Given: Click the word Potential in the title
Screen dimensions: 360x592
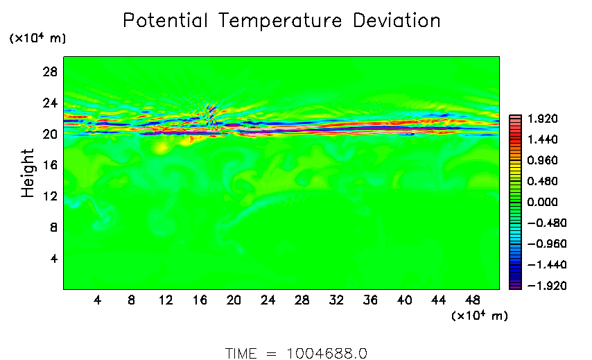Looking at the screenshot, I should tap(167, 21).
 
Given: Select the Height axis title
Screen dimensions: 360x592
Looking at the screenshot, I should tap(28, 173).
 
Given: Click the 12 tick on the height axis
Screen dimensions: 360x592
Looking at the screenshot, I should tap(51, 196).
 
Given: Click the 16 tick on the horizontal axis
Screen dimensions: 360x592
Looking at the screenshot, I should tap(200, 300).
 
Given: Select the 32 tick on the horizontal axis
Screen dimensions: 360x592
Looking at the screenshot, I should tap(336, 300).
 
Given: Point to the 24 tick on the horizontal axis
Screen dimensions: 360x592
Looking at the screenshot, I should tap(268, 300).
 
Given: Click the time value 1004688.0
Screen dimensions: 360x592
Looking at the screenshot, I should tap(326, 353).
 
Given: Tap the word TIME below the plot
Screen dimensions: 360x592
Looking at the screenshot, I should tap(242, 353).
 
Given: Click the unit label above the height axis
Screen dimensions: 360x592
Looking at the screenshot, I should tap(37, 39).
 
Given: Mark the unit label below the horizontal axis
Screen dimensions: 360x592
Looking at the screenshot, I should tap(479, 316).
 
